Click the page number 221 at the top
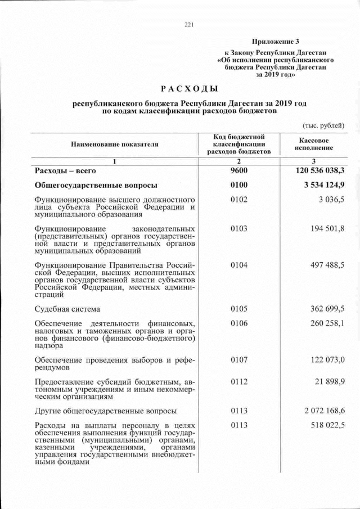188,24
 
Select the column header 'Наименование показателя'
114,145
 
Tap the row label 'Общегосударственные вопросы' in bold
96,185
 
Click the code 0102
239,200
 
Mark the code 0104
239,265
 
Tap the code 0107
239,359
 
